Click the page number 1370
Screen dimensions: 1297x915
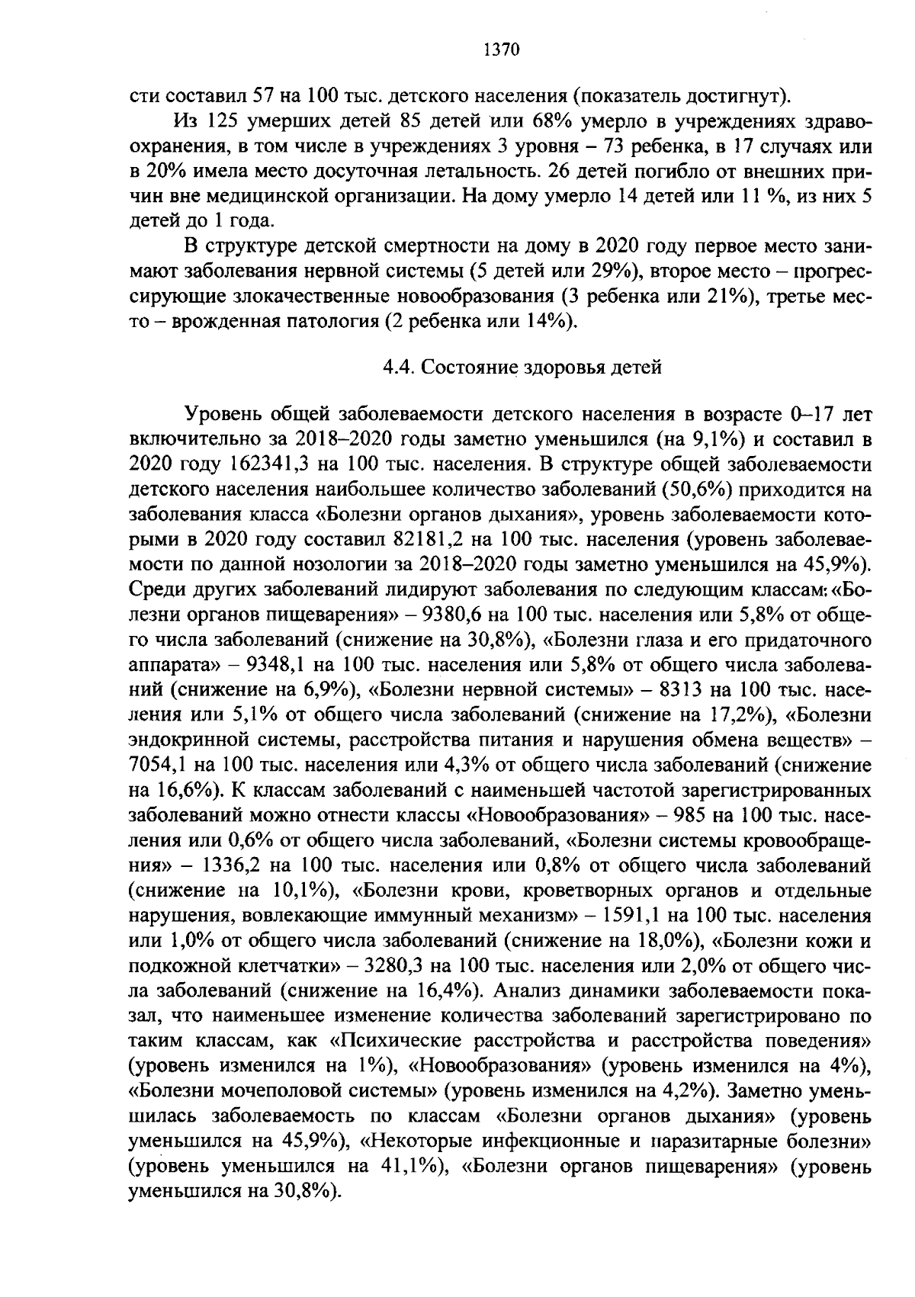(x=501, y=50)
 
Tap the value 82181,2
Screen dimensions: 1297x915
(x=429, y=540)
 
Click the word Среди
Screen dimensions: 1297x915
(x=159, y=590)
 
